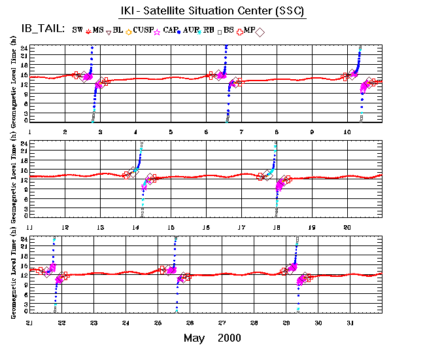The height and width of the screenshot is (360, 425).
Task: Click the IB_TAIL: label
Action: click(x=41, y=29)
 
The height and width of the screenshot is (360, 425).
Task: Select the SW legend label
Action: click(x=77, y=29)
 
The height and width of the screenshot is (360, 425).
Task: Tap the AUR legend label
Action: click(x=192, y=29)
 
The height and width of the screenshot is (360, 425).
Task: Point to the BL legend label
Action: click(x=118, y=29)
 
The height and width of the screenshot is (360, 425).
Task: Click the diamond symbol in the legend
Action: click(x=260, y=31)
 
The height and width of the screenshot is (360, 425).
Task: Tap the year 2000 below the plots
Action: click(x=229, y=338)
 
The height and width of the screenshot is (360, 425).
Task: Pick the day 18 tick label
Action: click(x=277, y=226)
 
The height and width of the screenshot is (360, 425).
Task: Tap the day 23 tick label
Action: click(x=93, y=323)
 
